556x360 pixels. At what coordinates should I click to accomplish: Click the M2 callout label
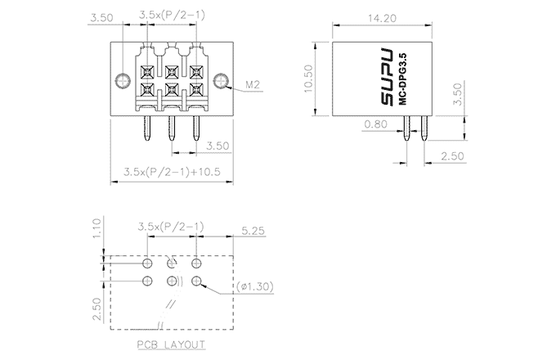click(253, 84)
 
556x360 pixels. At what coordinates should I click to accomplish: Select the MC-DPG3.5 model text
click(405, 79)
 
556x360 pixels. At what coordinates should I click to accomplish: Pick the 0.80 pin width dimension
click(375, 124)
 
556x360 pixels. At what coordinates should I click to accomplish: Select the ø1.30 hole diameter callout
click(256, 286)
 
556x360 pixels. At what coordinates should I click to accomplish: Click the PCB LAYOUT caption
click(172, 345)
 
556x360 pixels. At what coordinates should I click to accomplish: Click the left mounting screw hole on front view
click(123, 80)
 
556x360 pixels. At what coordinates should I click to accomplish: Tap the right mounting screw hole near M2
click(222, 80)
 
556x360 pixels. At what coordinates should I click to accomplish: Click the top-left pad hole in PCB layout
click(147, 263)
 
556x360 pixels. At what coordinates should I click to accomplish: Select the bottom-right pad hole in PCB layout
click(196, 281)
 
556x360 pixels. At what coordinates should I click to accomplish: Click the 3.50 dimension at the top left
click(101, 16)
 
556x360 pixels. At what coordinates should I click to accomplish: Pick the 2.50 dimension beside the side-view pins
click(452, 155)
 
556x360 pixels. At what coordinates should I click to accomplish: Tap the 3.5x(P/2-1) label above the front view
click(171, 15)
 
